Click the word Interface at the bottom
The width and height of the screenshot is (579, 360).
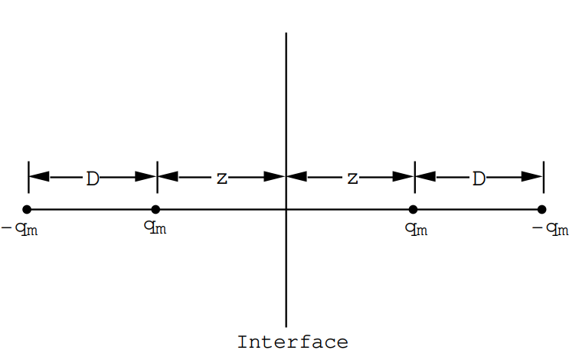click(x=293, y=342)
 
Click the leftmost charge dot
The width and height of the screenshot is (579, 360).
click(x=28, y=209)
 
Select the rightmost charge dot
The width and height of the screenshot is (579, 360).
click(x=542, y=209)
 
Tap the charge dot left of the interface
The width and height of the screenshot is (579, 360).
click(x=156, y=209)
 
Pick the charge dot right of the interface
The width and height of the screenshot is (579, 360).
click(x=414, y=209)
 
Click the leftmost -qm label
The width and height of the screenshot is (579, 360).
click(x=20, y=229)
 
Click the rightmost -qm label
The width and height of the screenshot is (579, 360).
click(x=550, y=229)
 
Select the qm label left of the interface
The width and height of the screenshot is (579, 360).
click(x=155, y=227)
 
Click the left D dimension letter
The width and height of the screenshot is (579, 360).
click(x=93, y=179)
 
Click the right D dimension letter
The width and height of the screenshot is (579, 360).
click(x=479, y=179)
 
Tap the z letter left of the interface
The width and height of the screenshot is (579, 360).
click(x=221, y=179)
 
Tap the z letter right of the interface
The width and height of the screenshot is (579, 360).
click(x=352, y=179)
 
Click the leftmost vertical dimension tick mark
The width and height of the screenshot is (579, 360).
click(x=28, y=177)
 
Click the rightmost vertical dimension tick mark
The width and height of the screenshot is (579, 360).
click(x=543, y=177)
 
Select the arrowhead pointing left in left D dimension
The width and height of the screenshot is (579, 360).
click(x=38, y=177)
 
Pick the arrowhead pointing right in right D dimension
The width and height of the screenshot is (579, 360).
click(x=533, y=177)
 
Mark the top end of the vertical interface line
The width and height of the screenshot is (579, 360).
click(x=286, y=34)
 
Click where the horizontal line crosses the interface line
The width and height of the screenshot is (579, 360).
click(x=286, y=209)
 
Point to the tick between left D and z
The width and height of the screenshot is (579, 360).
click(x=157, y=177)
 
